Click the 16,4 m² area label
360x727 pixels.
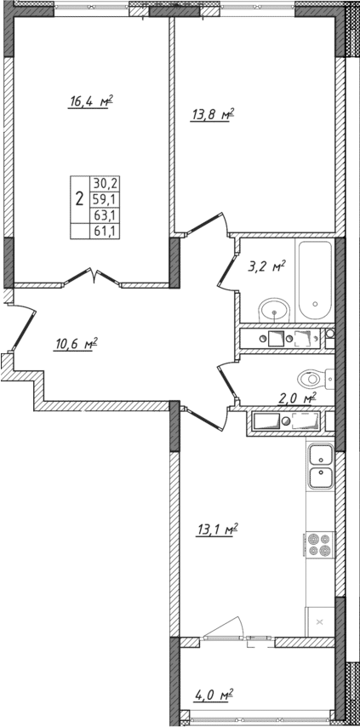91,101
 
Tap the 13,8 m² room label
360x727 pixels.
210,115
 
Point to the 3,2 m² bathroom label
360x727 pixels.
266,266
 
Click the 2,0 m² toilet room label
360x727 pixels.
298,398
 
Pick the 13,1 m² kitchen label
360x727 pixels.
216,530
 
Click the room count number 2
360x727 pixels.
79,200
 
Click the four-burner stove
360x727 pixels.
319,543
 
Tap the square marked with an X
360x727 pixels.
320,622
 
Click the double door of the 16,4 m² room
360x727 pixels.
94,276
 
